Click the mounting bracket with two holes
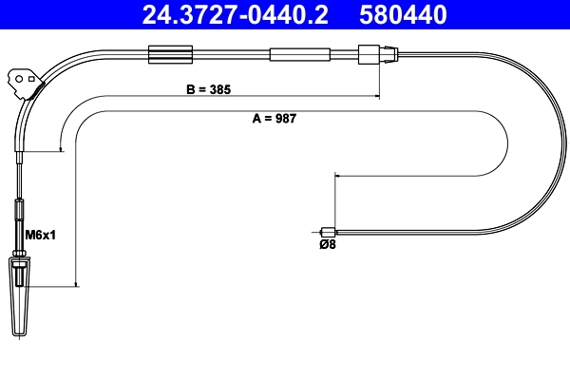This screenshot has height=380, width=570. click(22, 82)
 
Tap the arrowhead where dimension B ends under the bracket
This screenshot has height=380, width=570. click(62, 147)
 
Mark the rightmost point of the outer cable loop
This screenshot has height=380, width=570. click(563, 142)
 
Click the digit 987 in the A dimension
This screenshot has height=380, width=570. click(287, 121)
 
